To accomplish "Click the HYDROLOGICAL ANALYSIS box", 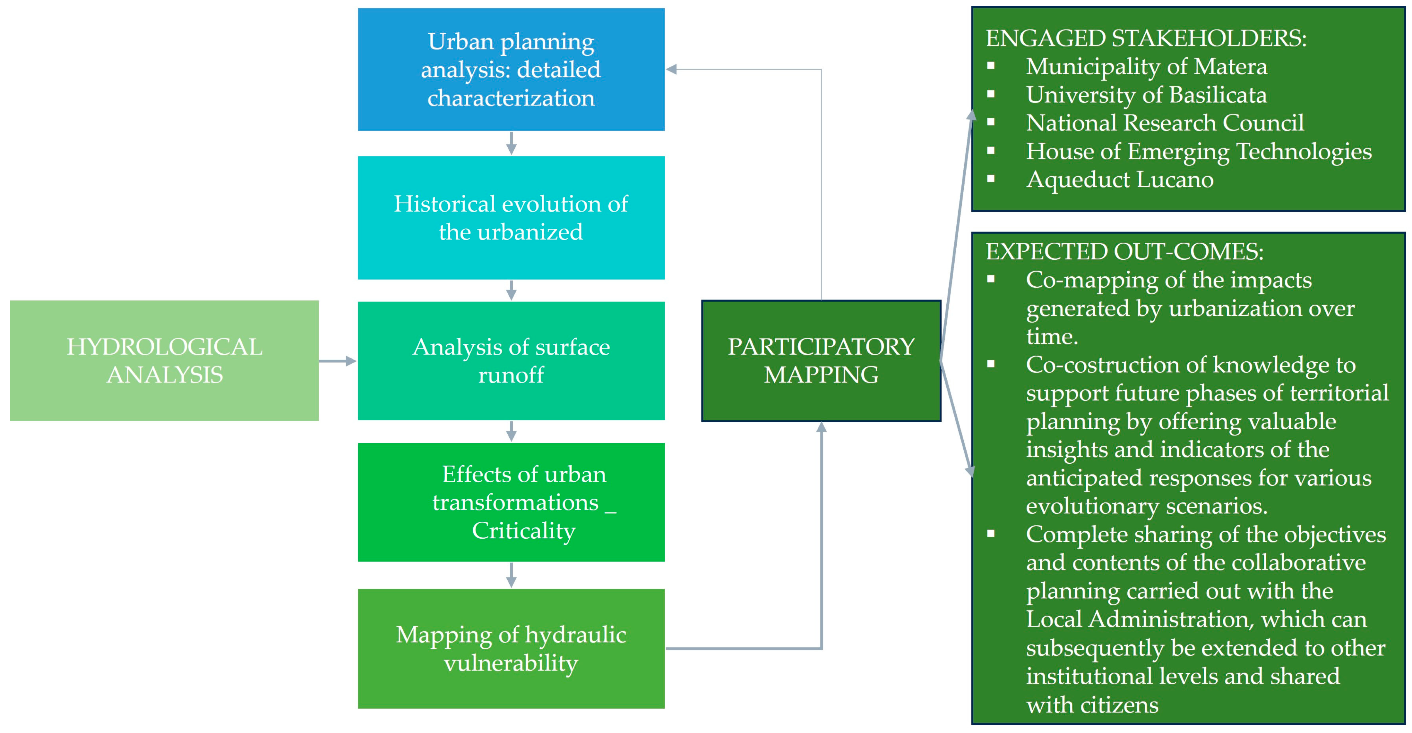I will coord(164,360).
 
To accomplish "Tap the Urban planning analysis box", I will coord(511,70).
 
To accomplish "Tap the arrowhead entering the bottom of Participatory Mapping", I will coord(821,428).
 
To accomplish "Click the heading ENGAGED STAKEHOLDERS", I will coord(1146,38).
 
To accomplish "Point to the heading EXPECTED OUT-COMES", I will coord(1124,251).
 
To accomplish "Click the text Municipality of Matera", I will coord(1146,66).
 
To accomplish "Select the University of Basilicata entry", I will coord(1146,95).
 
